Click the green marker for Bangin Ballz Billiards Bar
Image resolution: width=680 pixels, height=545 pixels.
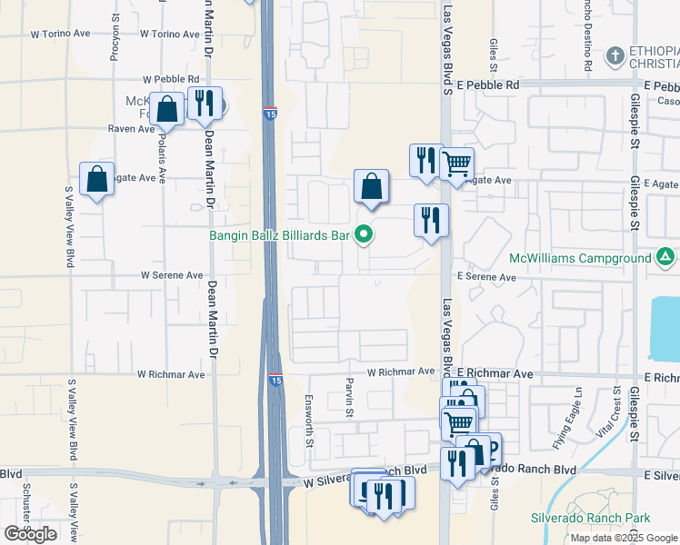click(365, 235)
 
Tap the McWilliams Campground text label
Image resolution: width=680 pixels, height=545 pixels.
click(579, 258)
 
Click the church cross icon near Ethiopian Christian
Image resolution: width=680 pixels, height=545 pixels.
click(615, 55)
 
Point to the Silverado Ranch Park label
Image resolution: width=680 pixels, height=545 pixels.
click(591, 518)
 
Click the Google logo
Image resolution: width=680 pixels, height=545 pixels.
click(30, 534)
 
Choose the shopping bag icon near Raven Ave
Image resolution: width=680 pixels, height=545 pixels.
click(167, 109)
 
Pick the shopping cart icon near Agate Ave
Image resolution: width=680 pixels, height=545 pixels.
click(456, 163)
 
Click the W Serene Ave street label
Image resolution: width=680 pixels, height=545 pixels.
click(172, 275)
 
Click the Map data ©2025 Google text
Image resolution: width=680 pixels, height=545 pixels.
click(623, 538)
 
